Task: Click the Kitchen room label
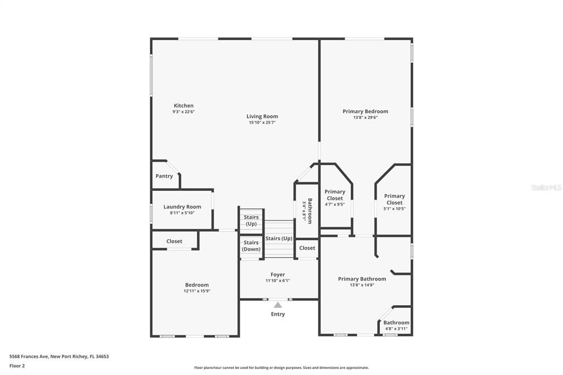[x=184, y=106]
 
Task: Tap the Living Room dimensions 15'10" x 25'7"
[x=262, y=123]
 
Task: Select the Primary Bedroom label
[x=365, y=112]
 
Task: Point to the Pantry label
[x=164, y=176]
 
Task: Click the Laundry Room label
[x=182, y=207]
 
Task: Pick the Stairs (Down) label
[x=251, y=246]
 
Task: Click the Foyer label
[x=278, y=275]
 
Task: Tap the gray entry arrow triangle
[x=278, y=305]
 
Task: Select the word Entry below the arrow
[x=278, y=314]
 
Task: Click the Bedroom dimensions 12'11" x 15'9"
[x=197, y=291]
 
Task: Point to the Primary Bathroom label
[x=362, y=279]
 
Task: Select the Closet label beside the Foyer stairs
[x=307, y=248]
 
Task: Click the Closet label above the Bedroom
[x=174, y=241]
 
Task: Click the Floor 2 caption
[x=17, y=366]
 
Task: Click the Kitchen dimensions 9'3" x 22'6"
[x=184, y=112]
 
